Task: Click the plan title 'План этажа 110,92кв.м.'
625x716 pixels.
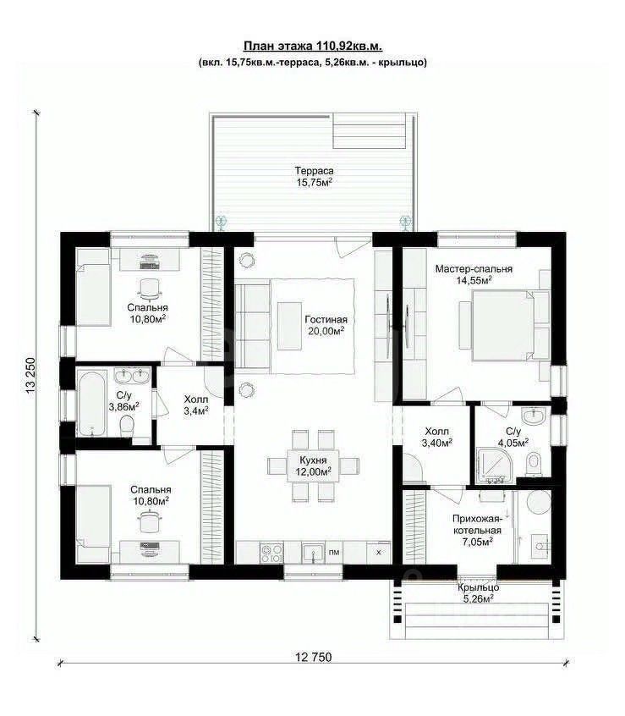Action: pos(313,46)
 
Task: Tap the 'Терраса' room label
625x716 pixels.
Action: pos(314,171)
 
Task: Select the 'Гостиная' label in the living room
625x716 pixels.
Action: pos(326,320)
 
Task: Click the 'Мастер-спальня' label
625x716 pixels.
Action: pos(474,269)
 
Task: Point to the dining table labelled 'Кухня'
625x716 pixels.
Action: pos(313,465)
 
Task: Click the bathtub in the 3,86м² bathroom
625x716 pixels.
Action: pos(92,402)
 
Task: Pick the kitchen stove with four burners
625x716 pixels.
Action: pos(271,553)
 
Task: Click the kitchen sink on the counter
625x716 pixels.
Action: pos(313,553)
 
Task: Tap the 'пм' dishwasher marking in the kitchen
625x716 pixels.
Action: pos(334,553)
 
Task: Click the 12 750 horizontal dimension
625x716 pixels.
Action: pos(314,657)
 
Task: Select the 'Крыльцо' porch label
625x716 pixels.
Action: pos(478,587)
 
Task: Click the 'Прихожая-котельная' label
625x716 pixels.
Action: pos(477,525)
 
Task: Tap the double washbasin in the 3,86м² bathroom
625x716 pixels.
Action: pos(131,377)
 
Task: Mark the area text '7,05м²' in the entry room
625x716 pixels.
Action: pos(477,542)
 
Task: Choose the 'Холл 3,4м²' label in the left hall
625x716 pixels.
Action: pos(195,405)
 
